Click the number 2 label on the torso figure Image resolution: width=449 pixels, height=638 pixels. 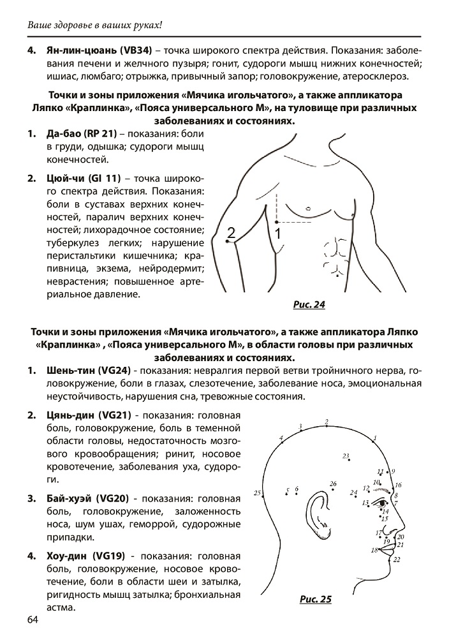point(232,234)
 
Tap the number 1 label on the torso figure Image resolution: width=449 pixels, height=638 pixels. point(278,234)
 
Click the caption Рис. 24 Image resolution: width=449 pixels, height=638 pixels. point(309,304)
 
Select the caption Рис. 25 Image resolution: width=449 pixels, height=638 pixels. point(316,599)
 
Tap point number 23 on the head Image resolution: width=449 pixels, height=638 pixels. point(346,457)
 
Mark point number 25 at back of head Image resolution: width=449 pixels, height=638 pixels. point(258,493)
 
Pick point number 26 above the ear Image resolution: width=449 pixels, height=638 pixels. point(333,484)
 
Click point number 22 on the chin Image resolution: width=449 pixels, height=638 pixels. point(396,560)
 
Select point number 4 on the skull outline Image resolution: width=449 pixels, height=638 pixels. point(281,438)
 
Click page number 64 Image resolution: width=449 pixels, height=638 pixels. point(33,621)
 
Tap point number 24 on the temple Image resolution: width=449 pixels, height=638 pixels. point(353,493)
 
